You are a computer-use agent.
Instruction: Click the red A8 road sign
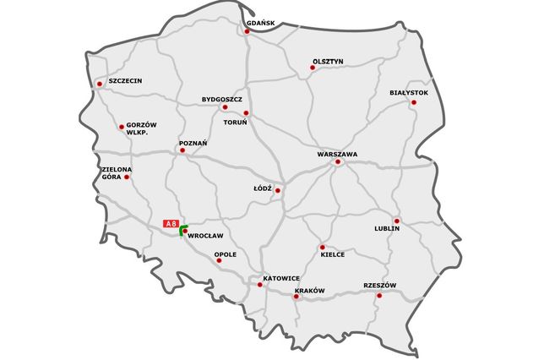pyautogui.click(x=171, y=223)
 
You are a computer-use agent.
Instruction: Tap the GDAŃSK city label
pyautogui.click(x=262, y=23)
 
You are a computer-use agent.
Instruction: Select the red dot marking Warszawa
pyautogui.click(x=337, y=162)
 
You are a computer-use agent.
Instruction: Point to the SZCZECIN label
pyautogui.click(x=125, y=80)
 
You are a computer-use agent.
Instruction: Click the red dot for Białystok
pyautogui.click(x=413, y=102)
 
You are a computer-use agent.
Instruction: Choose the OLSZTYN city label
pyautogui.click(x=327, y=62)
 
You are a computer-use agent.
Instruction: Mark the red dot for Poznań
pyautogui.click(x=182, y=152)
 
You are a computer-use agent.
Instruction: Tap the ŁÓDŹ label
pyautogui.click(x=263, y=188)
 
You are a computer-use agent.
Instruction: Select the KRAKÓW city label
pyautogui.click(x=309, y=291)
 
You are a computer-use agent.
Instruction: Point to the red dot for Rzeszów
pyautogui.click(x=379, y=295)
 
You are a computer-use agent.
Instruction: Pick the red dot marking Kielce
pyautogui.click(x=322, y=248)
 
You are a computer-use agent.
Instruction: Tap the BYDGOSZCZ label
pyautogui.click(x=222, y=99)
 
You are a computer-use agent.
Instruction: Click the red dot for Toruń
pyautogui.click(x=246, y=112)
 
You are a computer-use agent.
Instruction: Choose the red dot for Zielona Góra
pyautogui.click(x=127, y=177)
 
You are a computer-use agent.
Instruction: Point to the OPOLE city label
pyautogui.click(x=226, y=254)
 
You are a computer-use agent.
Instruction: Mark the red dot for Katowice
pyautogui.click(x=259, y=285)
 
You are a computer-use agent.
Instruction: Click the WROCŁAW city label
pyautogui.click(x=205, y=235)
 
